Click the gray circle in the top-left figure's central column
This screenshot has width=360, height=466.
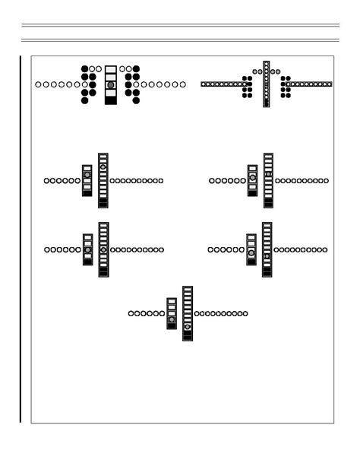point(111,85)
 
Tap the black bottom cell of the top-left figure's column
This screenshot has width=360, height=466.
point(111,100)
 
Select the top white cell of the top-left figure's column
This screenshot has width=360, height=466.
point(111,69)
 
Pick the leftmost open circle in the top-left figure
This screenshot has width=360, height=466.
point(38,84)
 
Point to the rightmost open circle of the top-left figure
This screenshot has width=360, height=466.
point(183,84)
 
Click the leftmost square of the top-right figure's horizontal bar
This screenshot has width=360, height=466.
point(204,84)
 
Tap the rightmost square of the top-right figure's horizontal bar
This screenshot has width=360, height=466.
point(330,84)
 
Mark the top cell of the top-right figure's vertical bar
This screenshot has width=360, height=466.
point(267,63)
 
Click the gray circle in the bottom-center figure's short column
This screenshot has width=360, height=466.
point(172,319)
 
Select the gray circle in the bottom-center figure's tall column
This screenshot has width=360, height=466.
point(187,327)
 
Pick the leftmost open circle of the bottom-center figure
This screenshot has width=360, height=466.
point(131,313)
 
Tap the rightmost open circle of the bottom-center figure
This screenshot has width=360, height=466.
point(245,313)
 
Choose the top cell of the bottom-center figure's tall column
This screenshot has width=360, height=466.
point(187,289)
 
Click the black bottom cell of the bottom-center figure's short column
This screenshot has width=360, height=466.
point(172,326)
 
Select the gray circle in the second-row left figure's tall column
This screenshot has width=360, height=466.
point(103,166)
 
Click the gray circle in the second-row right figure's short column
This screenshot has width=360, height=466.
point(252,177)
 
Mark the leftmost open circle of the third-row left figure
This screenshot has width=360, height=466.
point(47,249)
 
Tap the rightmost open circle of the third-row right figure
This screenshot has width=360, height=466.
point(324,249)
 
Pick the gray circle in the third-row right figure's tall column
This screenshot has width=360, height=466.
point(267,256)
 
